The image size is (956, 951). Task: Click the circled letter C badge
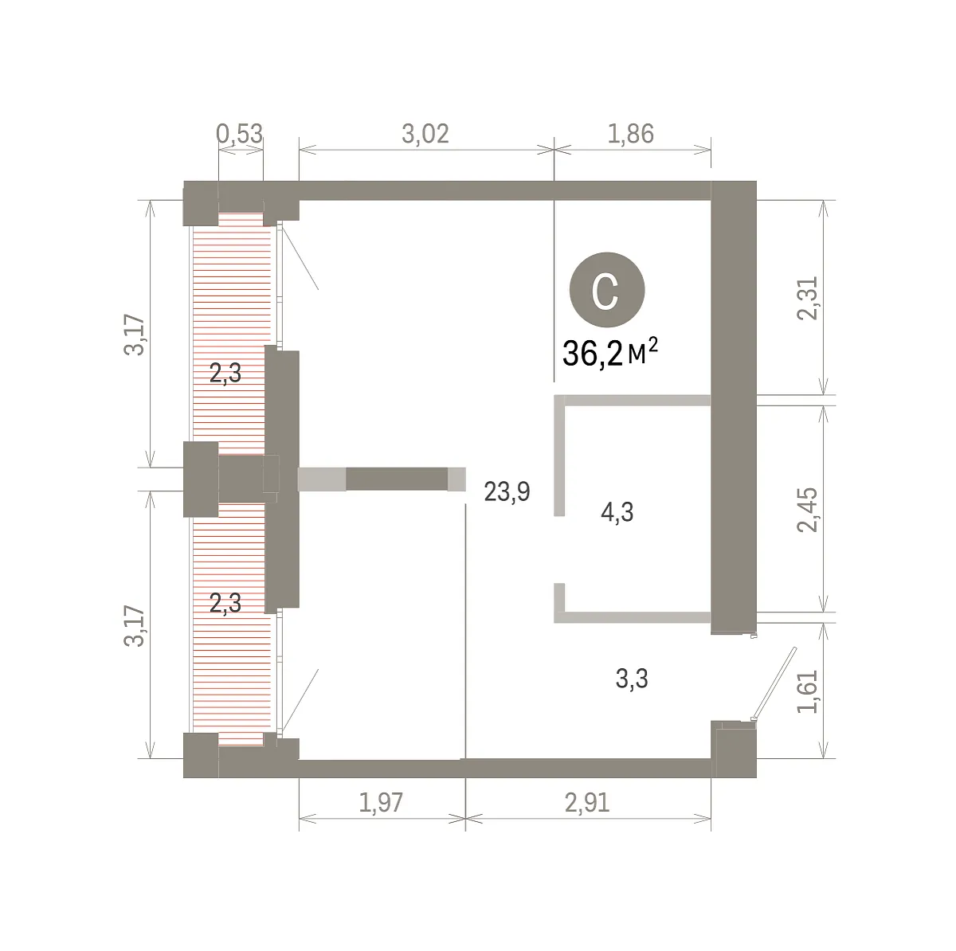(x=607, y=290)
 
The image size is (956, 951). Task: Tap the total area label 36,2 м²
(x=610, y=353)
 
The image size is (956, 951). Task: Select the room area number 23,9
(x=507, y=492)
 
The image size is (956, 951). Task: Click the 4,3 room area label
(x=617, y=512)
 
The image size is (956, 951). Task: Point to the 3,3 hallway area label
(x=632, y=679)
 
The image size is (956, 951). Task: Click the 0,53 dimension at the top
(x=239, y=134)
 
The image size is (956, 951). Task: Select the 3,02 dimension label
(x=425, y=134)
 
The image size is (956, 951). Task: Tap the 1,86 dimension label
(x=631, y=134)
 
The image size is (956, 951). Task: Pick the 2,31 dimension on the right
(x=807, y=298)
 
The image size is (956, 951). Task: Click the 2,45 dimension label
(x=807, y=510)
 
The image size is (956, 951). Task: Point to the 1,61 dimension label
(x=807, y=692)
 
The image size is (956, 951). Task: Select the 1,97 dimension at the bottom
(x=381, y=803)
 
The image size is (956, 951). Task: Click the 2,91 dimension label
(x=587, y=803)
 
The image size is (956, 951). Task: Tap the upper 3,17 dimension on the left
(x=134, y=335)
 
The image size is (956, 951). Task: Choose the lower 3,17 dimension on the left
(x=134, y=626)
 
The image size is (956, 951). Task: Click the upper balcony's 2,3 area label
(x=225, y=373)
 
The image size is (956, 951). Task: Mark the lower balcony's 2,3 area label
(x=225, y=603)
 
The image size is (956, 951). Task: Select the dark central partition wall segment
(x=397, y=479)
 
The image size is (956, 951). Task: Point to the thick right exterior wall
(x=734, y=407)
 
